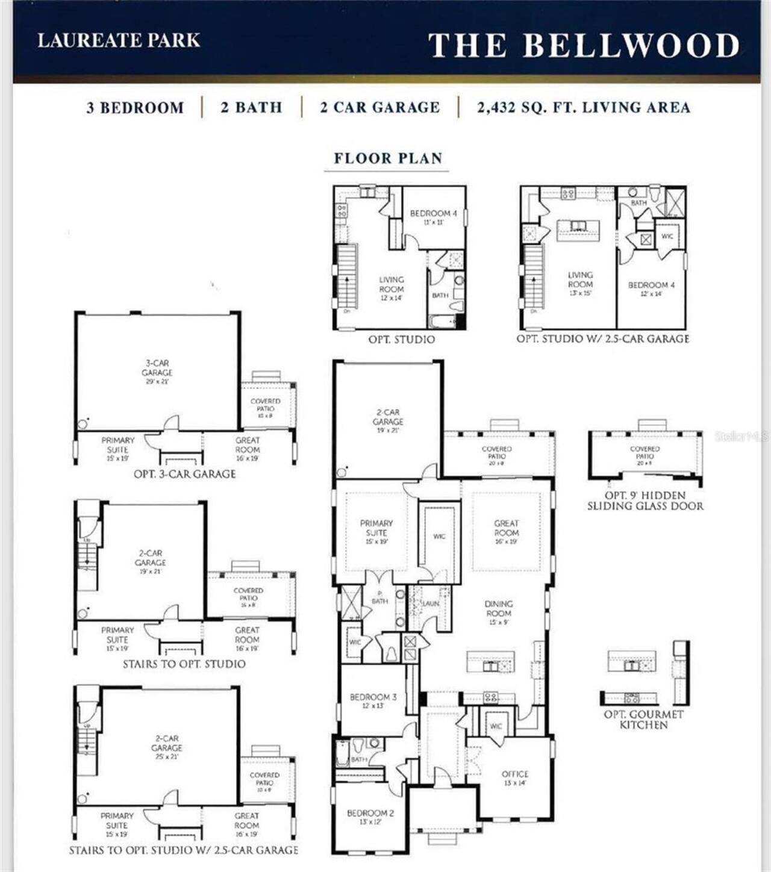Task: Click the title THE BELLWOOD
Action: (583, 45)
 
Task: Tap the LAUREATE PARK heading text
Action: (119, 40)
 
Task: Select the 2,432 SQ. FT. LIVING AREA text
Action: (583, 108)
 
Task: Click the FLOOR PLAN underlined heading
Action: (388, 158)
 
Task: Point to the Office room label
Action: (515, 778)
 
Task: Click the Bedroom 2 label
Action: (370, 817)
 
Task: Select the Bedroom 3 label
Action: (373, 701)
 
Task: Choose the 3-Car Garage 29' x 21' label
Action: (157, 372)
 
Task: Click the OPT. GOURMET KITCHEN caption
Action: (644, 720)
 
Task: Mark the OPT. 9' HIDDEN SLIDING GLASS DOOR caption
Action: (645, 500)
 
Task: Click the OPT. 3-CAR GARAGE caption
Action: (184, 474)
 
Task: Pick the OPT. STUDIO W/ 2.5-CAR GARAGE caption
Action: (602, 339)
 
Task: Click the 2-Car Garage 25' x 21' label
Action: (167, 747)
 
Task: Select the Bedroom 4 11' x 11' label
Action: (433, 217)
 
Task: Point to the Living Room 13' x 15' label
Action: (580, 284)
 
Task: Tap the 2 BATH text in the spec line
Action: (251, 108)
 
